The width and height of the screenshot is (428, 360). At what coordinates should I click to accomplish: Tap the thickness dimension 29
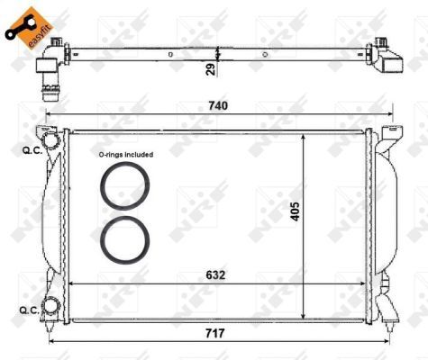click(209, 67)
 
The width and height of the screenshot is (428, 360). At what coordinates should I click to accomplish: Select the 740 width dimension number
click(219, 105)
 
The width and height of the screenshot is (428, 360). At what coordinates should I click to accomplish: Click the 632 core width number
click(214, 274)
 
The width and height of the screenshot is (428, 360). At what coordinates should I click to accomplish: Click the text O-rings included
click(125, 155)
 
